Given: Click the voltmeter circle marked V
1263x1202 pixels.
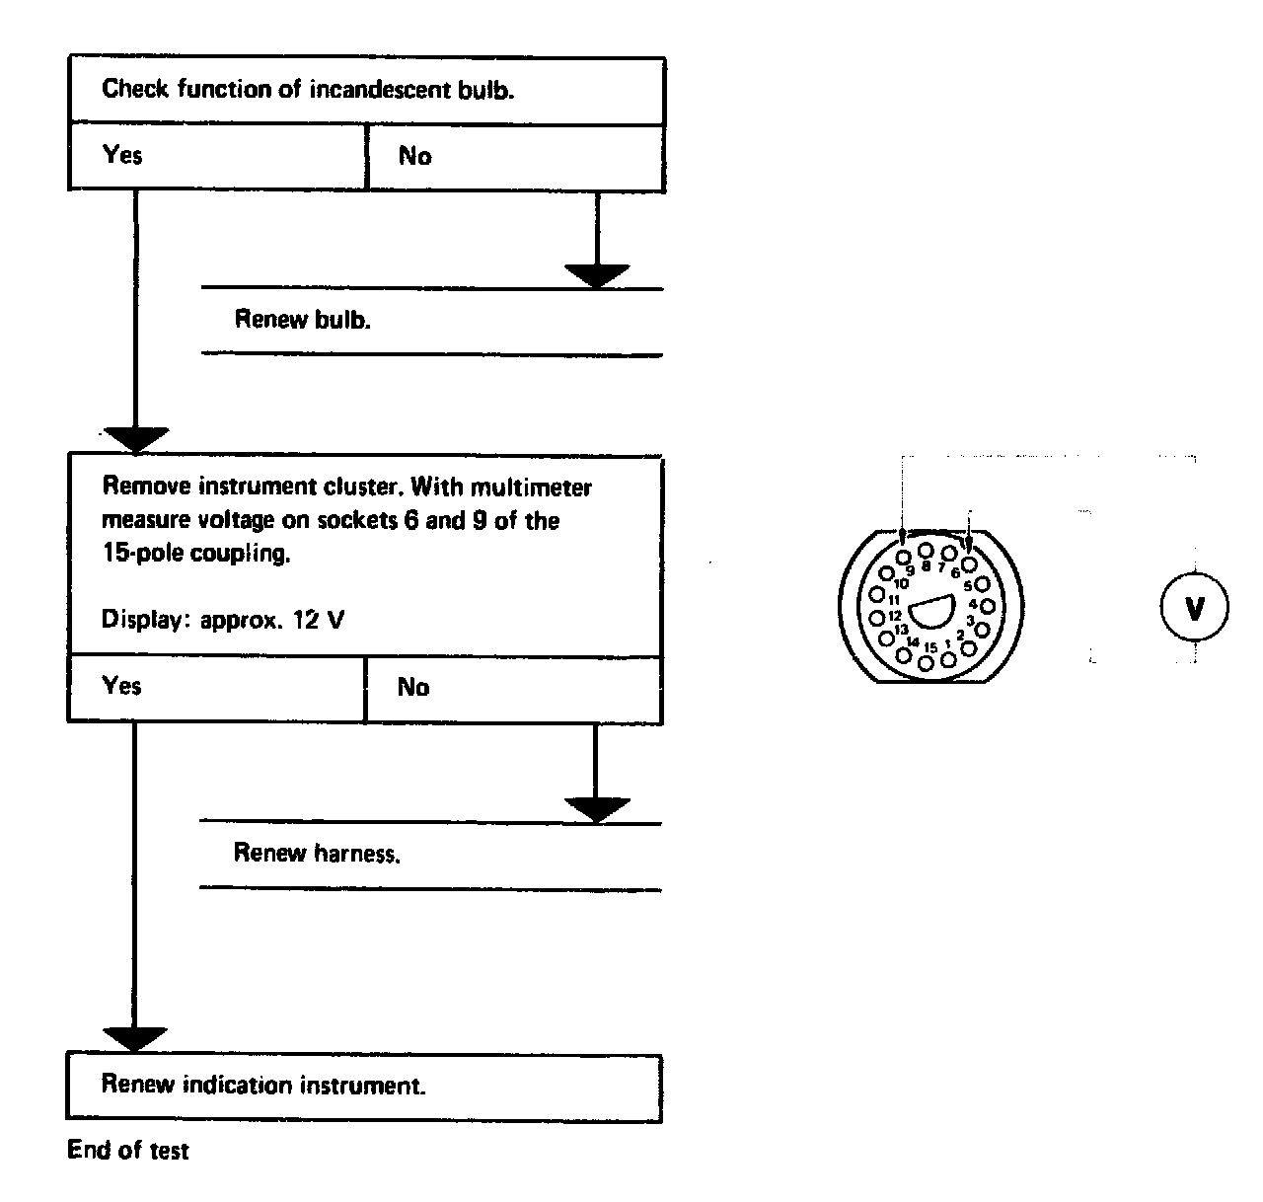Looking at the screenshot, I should click(1194, 609).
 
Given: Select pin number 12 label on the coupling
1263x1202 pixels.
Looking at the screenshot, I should click(894, 615).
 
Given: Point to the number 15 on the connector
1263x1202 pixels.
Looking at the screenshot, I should click(929, 647).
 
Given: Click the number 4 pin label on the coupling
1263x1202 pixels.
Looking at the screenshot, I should click(972, 603).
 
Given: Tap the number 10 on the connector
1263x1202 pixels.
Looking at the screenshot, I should click(900, 583).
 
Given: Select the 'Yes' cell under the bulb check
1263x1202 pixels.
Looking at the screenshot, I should click(217, 156).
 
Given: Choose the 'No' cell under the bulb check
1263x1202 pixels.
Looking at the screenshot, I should click(515, 156).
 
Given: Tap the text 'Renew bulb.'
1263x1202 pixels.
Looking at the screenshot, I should click(302, 320).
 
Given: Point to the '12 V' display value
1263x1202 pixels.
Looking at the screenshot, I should click(318, 621).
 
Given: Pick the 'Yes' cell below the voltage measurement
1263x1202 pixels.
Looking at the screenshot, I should click(216, 687).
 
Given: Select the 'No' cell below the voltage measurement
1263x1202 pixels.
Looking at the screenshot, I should click(513, 687).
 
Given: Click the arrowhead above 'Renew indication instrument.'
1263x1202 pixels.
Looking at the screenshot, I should click(134, 1039).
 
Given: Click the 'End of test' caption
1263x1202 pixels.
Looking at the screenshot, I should click(127, 1151).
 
